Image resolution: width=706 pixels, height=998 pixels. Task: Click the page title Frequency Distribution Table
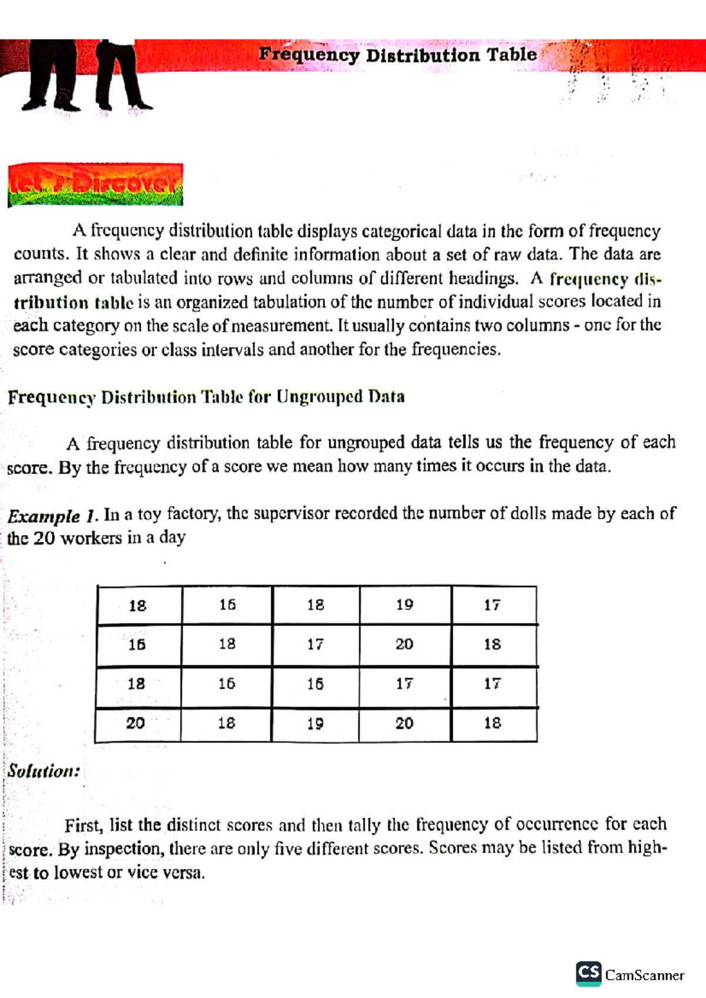(x=398, y=55)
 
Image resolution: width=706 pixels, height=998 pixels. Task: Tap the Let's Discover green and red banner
(x=95, y=185)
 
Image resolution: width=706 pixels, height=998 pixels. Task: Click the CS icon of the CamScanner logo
(x=588, y=973)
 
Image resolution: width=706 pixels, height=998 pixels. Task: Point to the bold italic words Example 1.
(x=52, y=516)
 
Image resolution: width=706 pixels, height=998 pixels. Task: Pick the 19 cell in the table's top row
(x=405, y=605)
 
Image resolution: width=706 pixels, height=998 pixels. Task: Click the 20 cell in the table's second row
(x=404, y=644)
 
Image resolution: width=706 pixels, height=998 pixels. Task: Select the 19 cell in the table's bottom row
(x=315, y=724)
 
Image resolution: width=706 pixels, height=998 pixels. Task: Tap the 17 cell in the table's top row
(x=493, y=605)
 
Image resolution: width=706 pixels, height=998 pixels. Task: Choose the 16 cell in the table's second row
(x=137, y=645)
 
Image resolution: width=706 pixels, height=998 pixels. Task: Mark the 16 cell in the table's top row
(x=227, y=605)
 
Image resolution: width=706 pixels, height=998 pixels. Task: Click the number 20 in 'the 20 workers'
(x=44, y=538)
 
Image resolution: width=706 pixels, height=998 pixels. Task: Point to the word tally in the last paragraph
(x=365, y=825)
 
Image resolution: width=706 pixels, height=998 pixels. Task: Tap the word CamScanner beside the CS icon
(x=644, y=976)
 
